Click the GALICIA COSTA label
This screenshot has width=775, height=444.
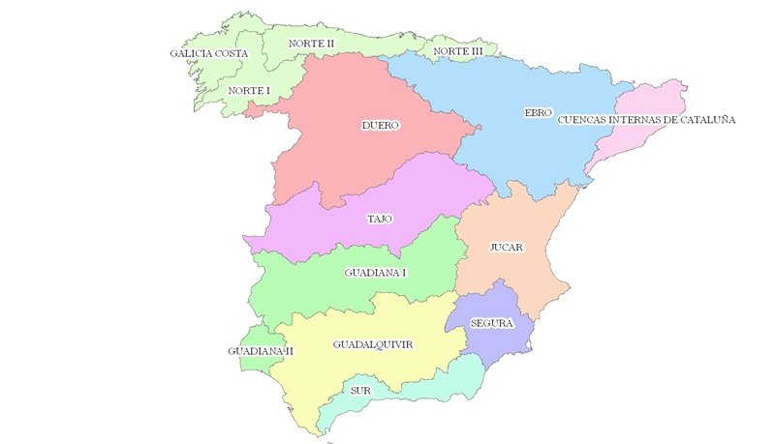point(209,53)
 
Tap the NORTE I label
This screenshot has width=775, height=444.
point(249,91)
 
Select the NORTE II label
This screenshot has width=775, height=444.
point(312,44)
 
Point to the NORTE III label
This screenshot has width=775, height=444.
point(458,51)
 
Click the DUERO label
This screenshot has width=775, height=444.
point(381,126)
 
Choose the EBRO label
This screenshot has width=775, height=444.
point(538,113)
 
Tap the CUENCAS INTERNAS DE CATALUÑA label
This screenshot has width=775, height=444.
point(646,121)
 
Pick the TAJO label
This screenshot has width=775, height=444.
point(380,219)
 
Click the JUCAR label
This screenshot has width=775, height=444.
point(507,248)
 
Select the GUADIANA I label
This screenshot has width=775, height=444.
point(375,273)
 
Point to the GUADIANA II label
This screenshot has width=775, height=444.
point(261,350)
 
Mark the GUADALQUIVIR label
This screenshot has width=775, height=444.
point(373,344)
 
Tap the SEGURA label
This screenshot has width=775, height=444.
point(491,323)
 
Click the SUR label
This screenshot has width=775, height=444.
point(361,391)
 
